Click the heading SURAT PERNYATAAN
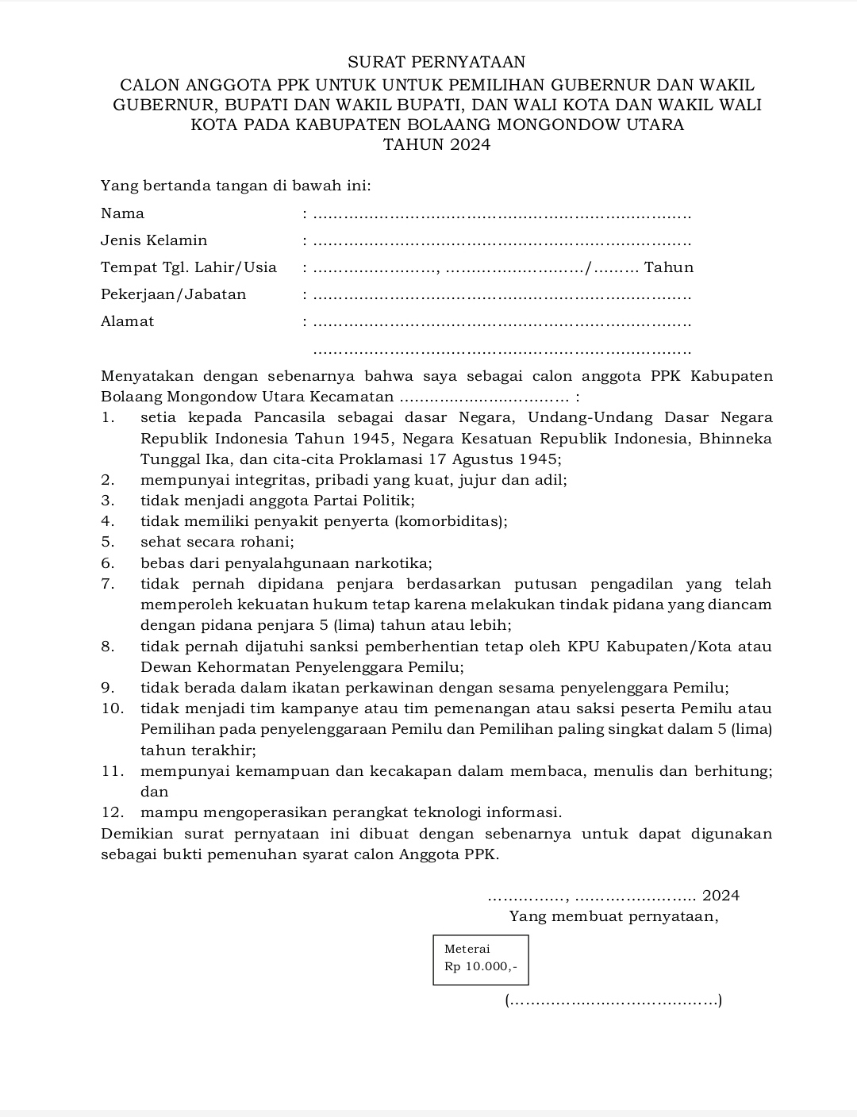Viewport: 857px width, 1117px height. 436,63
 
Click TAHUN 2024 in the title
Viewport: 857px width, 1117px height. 436,145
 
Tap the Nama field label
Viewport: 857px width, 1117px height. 122,213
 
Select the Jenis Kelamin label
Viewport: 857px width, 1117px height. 154,240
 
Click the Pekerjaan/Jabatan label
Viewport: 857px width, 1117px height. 173,294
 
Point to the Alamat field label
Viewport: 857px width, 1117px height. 127,321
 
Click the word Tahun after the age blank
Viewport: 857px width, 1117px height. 669,267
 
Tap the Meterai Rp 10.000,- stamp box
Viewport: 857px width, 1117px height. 481,960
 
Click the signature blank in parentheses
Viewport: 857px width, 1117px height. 613,1001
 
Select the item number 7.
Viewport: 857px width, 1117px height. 108,585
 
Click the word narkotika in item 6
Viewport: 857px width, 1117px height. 393,564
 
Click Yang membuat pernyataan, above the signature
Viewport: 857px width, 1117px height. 613,917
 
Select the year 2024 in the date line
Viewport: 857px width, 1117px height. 721,896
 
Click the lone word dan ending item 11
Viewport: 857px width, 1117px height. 155,792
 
